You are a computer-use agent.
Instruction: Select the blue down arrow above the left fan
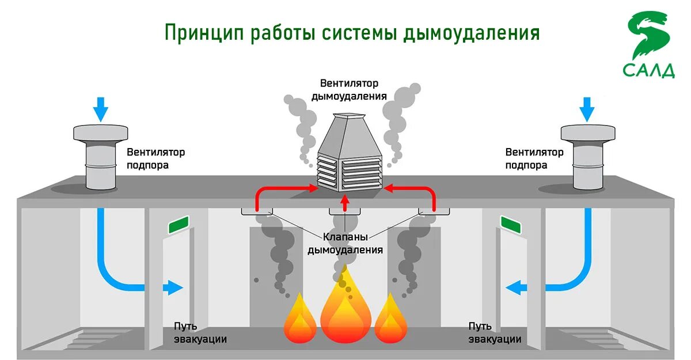click(101, 109)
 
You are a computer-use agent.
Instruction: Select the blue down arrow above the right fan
click(587, 109)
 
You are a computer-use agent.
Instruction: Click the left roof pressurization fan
click(101, 156)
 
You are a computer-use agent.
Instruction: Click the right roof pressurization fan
click(588, 156)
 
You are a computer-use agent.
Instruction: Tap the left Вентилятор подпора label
click(156, 158)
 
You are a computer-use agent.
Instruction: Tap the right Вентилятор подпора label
click(534, 158)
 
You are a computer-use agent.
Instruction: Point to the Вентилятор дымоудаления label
click(349, 90)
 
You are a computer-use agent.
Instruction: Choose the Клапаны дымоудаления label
click(345, 243)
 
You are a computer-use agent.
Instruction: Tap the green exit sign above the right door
click(511, 225)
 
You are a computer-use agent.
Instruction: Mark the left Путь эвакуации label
click(200, 333)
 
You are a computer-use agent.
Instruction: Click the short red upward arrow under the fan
click(345, 202)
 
